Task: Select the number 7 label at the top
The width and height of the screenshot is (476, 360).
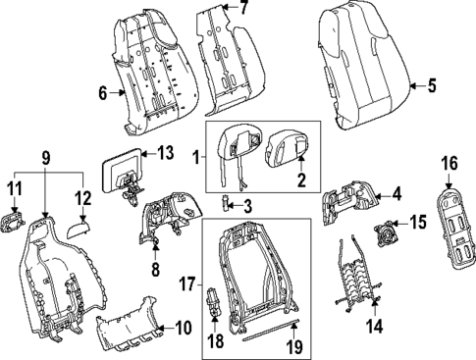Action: pos(244,8)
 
